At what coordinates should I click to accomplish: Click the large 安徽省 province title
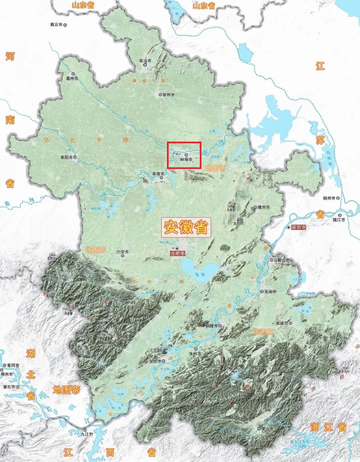[x=185, y=227]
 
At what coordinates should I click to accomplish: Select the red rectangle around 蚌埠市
[x=184, y=155]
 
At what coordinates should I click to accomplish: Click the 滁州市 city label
[x=263, y=207]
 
